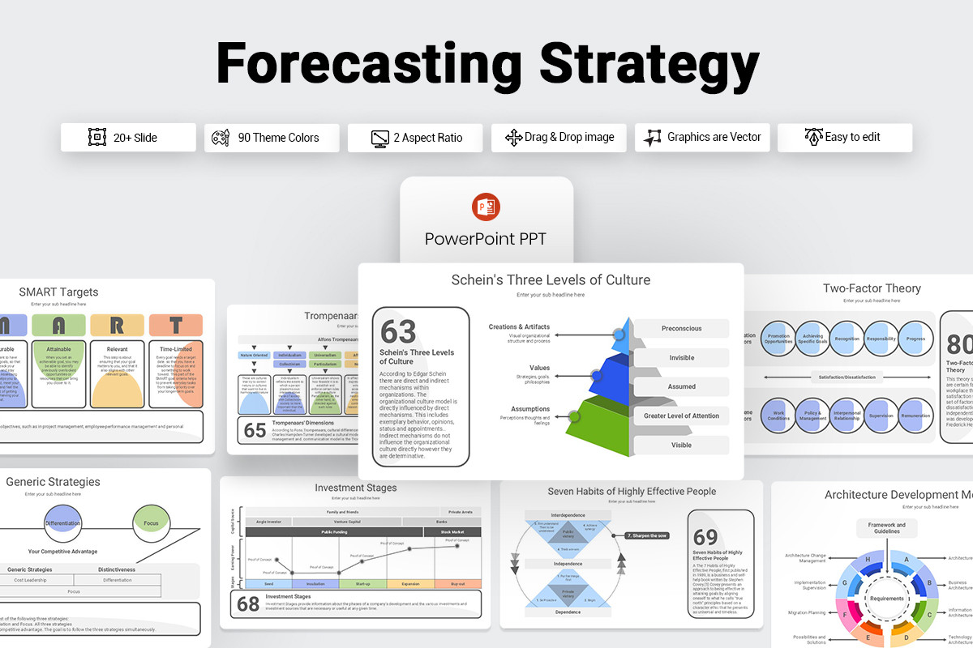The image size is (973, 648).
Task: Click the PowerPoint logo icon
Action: tap(486, 208)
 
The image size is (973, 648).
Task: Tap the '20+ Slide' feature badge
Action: tap(128, 138)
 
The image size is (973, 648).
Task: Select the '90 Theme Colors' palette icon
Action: tap(221, 138)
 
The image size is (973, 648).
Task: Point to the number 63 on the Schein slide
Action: tap(398, 331)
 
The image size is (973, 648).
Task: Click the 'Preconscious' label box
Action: tap(681, 329)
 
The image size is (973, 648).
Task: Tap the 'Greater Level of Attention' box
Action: tap(681, 416)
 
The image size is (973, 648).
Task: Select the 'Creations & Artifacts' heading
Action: tap(519, 327)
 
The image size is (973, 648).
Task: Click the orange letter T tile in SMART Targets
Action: tap(176, 326)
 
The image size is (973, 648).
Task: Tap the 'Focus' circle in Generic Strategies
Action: tap(151, 523)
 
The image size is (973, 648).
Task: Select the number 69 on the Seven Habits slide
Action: tap(705, 537)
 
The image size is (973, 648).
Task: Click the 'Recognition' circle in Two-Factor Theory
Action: tap(847, 339)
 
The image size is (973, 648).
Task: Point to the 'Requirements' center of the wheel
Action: tap(887, 599)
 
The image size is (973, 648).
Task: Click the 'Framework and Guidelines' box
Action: tap(887, 529)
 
